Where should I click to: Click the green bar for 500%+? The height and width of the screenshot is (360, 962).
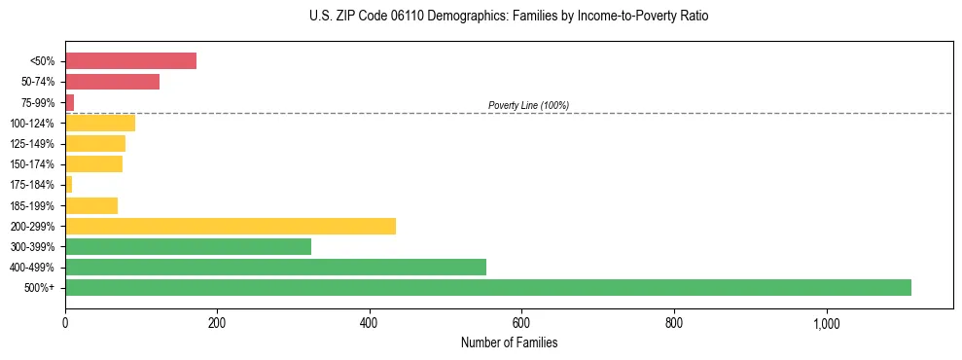[x=487, y=287]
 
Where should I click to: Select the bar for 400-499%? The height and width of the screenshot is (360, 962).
[x=275, y=267]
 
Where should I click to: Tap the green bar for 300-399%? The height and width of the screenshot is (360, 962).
[x=188, y=246]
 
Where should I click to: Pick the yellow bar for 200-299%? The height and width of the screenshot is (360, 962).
[x=231, y=226]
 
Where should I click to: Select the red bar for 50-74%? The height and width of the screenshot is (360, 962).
[x=112, y=82]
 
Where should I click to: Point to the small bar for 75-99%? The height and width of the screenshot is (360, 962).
[x=69, y=102]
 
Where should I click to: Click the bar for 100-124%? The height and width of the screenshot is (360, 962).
[x=100, y=123]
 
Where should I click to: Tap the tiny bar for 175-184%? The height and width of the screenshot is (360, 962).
[x=68, y=184]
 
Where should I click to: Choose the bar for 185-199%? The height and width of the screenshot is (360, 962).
[x=91, y=205]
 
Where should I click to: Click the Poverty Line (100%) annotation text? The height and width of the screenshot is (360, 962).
[x=528, y=105]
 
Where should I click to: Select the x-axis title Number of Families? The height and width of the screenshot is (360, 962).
[x=509, y=342]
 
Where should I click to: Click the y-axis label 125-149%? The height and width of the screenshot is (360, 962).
[x=32, y=144]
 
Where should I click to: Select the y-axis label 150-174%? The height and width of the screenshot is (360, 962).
[x=32, y=164]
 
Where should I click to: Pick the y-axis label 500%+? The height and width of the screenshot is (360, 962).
[x=40, y=288]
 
